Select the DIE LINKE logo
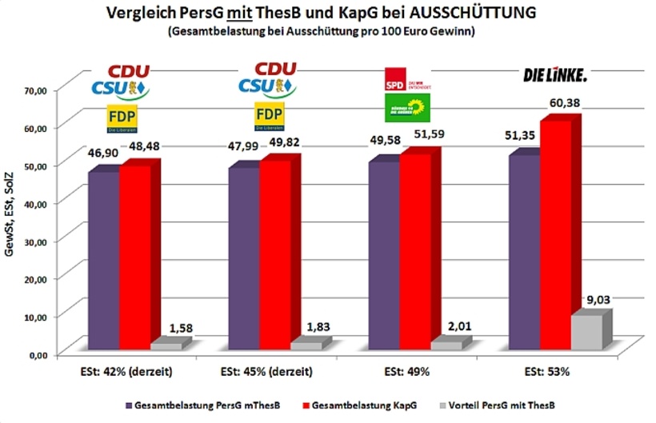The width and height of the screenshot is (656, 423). (x=554, y=76)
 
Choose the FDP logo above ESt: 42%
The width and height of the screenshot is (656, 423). (x=122, y=118)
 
